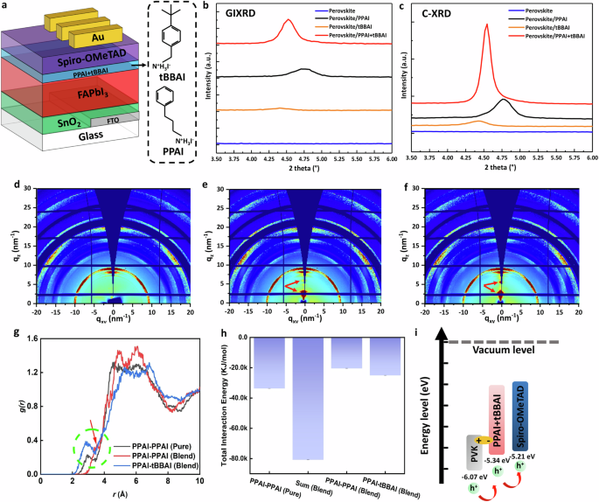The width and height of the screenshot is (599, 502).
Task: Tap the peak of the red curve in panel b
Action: click(288, 21)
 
